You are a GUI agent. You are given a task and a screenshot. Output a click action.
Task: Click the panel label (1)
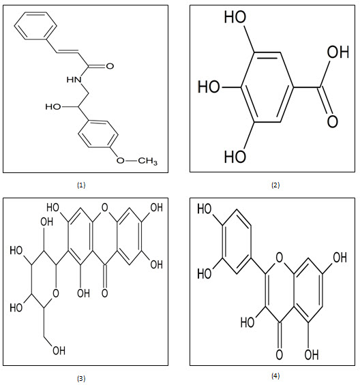click(x=81, y=185)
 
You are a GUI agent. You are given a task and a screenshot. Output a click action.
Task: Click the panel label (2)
click(x=275, y=185)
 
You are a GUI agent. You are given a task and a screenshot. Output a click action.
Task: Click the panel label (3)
click(x=81, y=379)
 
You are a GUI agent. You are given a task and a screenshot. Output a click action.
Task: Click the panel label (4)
click(x=275, y=375)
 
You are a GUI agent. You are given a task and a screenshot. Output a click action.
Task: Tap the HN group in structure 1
click(x=74, y=80)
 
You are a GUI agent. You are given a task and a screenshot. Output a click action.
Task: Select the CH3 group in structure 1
click(x=147, y=161)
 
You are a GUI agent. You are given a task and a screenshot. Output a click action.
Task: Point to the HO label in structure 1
click(x=52, y=107)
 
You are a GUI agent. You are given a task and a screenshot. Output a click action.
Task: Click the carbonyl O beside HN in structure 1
click(x=110, y=66)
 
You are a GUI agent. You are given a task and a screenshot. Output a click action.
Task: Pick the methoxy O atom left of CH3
click(x=121, y=161)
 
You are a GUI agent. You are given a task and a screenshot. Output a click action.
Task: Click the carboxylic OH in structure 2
click(x=338, y=52)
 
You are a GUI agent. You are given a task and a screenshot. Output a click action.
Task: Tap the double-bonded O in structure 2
click(x=333, y=121)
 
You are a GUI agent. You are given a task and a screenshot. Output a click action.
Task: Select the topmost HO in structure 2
click(x=235, y=17)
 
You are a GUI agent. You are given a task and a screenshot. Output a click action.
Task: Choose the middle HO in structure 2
click(x=209, y=87)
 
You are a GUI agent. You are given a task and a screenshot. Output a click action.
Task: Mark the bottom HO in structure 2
click(x=235, y=157)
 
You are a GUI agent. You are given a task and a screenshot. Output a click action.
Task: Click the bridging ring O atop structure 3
click(x=105, y=208)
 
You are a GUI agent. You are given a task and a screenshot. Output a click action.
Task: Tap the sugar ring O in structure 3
click(x=56, y=293)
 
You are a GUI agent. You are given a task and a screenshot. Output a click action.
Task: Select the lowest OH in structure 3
click(x=59, y=350)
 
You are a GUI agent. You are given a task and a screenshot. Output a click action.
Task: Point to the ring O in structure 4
click(x=279, y=258)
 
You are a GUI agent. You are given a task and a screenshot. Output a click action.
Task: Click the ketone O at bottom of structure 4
click(x=279, y=354)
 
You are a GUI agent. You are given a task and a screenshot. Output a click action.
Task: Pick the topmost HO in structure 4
click(x=205, y=209)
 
